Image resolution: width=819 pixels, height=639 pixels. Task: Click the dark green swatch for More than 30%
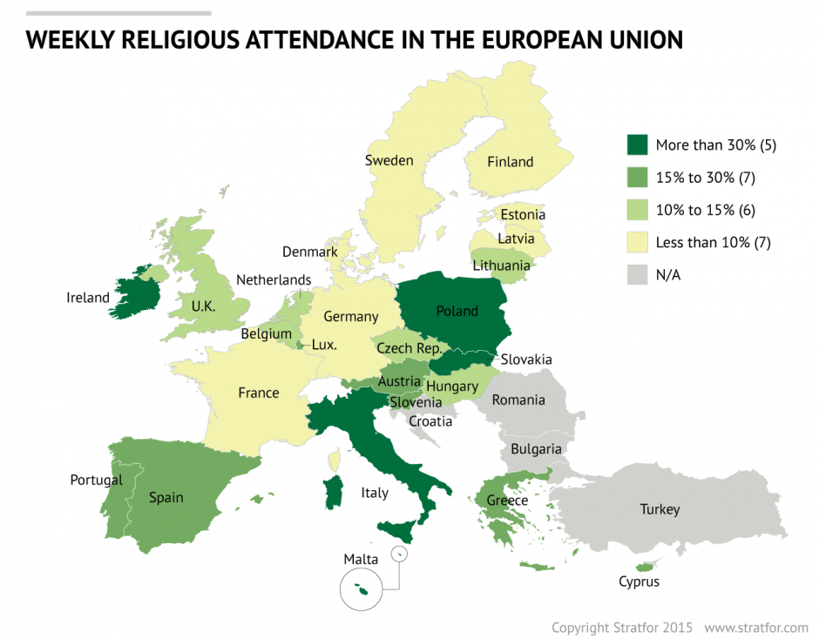[637, 145]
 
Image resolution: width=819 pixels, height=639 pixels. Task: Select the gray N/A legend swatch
[637, 275]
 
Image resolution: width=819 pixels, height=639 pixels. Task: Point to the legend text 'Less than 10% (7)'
[713, 243]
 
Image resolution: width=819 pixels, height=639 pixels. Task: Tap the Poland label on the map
[457, 311]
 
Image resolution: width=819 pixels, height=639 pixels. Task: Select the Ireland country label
[88, 298]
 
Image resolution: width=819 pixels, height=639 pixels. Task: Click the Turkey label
[659, 509]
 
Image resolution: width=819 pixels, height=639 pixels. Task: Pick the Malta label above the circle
[361, 559]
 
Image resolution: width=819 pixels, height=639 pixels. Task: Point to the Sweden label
[389, 160]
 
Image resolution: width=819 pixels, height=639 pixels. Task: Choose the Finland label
[510, 162]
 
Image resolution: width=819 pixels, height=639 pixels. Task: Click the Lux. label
[324, 344]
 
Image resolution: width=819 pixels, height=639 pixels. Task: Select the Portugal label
[96, 480]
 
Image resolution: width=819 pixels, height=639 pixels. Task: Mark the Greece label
[507, 501]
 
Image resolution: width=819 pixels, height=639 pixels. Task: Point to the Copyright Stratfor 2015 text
[622, 627]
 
